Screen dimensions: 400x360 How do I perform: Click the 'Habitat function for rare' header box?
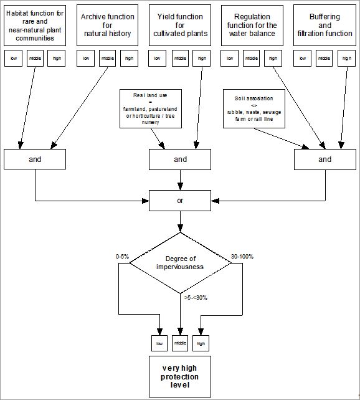(35, 25)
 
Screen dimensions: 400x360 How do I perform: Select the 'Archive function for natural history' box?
(107, 25)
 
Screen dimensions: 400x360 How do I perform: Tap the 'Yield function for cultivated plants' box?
(180, 25)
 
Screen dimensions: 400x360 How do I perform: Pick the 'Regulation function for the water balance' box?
(252, 25)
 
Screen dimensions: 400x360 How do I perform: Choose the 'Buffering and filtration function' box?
(323, 25)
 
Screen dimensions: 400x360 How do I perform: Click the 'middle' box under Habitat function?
(36, 59)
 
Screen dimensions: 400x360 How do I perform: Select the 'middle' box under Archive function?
(107, 59)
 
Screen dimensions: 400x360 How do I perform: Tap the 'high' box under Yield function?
(201, 59)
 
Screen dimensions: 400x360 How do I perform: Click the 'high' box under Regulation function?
(273, 59)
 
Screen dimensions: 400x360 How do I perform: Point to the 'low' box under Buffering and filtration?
(302, 59)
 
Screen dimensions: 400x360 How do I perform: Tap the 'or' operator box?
(180, 201)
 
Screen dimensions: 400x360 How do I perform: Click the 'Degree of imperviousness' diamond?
(180, 262)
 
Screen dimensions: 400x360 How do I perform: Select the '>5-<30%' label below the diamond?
(196, 297)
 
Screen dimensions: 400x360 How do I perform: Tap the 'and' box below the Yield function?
(180, 160)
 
